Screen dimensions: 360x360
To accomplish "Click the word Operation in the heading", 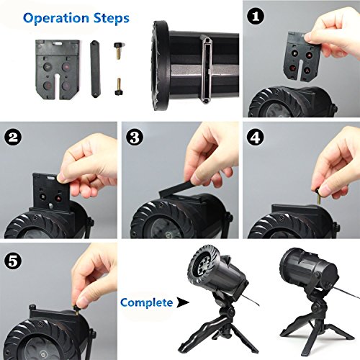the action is pos(56,18).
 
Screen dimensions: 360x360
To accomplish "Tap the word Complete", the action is pos(146,303).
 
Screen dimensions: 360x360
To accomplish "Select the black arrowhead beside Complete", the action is pos(183,302).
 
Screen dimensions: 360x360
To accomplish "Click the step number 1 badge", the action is pos(255,17).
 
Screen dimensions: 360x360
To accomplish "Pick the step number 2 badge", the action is pos(13,138).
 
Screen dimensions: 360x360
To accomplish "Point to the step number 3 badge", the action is pos(135,138).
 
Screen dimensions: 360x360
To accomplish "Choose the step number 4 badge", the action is pos(255,138).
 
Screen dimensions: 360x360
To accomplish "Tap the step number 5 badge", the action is pos(13,261).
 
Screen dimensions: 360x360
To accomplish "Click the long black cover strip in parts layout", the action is pos(95,69).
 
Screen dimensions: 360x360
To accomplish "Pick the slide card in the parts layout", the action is pos(57,70).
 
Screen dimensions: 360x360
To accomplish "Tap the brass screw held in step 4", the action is pos(319,196).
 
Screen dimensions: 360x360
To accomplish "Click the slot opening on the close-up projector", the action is pos(207,70).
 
